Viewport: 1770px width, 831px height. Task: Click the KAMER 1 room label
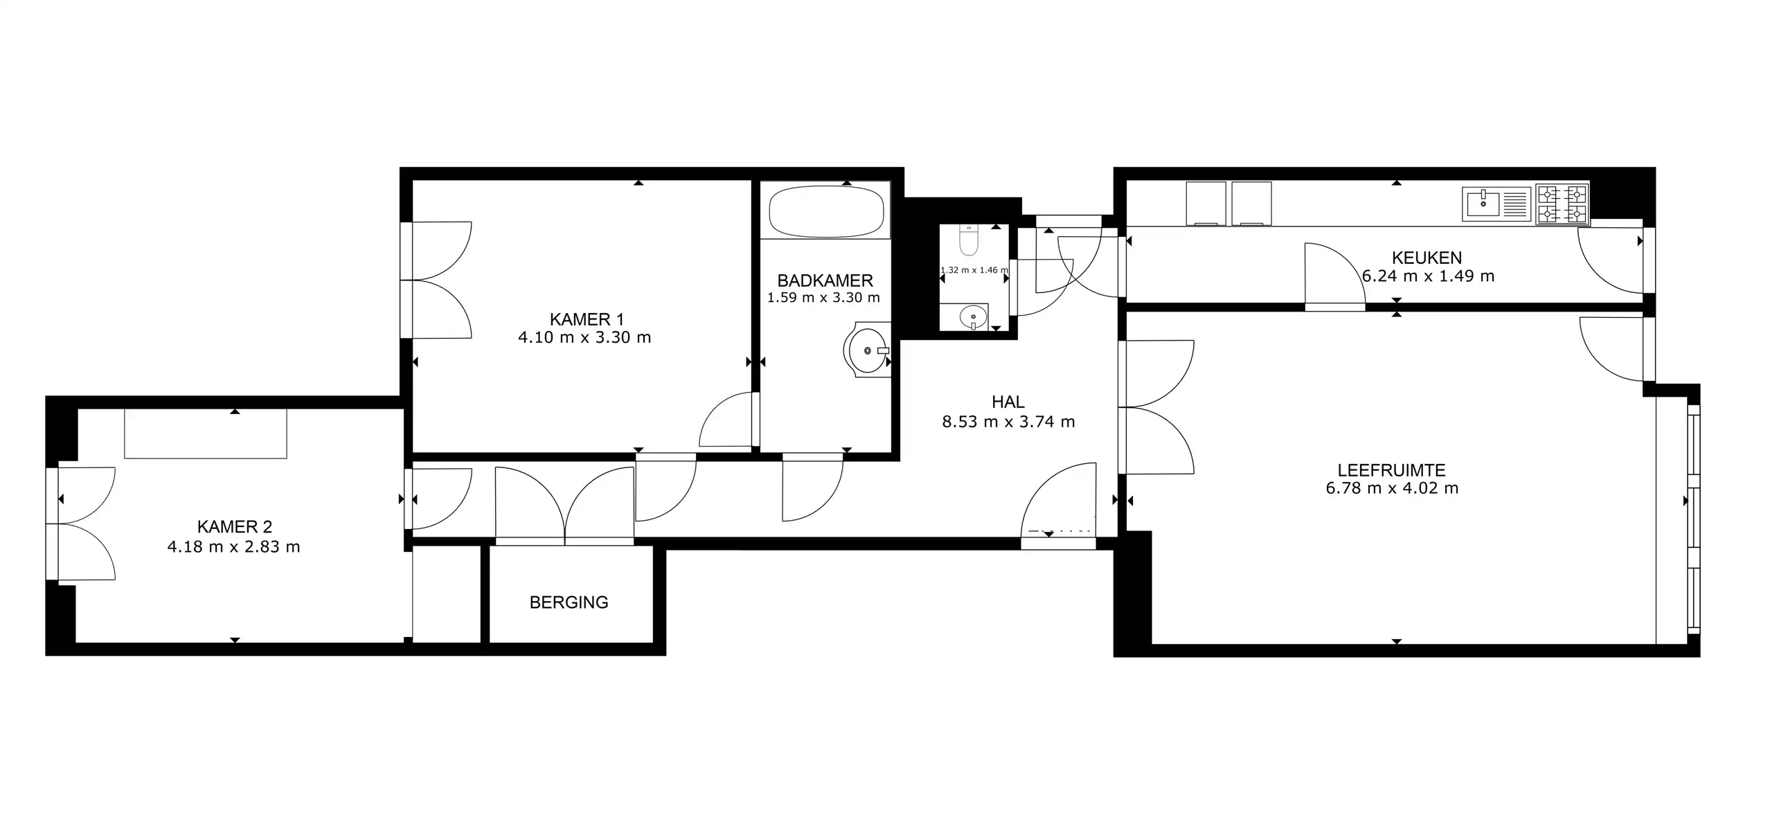[587, 319]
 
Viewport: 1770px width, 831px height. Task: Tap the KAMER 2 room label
[234, 527]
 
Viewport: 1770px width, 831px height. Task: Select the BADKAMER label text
[825, 280]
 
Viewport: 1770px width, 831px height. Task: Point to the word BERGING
[569, 602]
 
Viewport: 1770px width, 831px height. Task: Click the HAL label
[1008, 402]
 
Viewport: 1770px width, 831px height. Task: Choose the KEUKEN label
[1427, 258]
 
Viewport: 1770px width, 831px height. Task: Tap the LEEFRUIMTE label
[1391, 470]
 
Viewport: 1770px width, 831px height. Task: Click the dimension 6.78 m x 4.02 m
[1392, 488]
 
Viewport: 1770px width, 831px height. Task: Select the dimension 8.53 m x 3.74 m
[1008, 422]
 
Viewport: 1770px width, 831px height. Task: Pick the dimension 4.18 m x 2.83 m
[233, 547]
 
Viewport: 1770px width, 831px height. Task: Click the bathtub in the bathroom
[826, 211]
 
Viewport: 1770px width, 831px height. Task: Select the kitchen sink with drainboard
[1496, 204]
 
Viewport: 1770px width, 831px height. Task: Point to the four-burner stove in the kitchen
[1562, 204]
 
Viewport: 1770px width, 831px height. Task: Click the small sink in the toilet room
[973, 317]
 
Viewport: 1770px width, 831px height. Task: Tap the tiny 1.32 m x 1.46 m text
[974, 270]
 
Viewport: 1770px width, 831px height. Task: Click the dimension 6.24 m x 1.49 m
[1428, 276]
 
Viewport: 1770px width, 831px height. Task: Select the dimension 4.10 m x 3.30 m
[584, 338]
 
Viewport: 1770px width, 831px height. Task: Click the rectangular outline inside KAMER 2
[205, 434]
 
